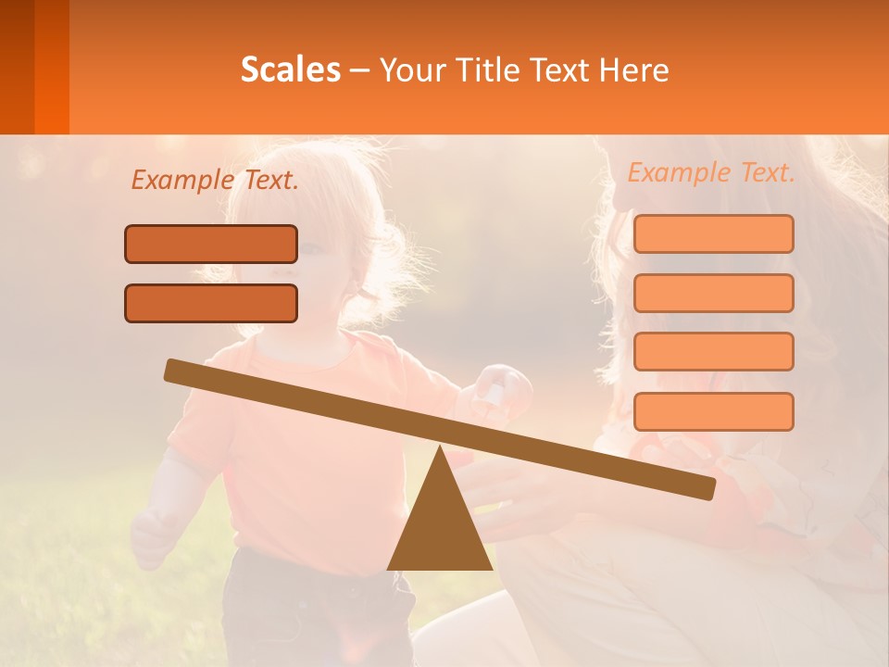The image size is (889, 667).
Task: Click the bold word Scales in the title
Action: [290, 69]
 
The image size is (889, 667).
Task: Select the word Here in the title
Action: [635, 69]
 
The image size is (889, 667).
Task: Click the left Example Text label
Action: [215, 180]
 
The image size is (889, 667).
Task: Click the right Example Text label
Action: [711, 172]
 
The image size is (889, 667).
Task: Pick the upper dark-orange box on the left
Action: [211, 244]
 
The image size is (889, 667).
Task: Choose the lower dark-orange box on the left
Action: [211, 303]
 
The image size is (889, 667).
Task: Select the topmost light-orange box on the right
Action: [713, 233]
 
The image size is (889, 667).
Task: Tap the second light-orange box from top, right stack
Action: [713, 293]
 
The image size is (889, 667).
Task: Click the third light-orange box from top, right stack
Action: [713, 351]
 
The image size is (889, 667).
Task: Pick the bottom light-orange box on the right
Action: [713, 410]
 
